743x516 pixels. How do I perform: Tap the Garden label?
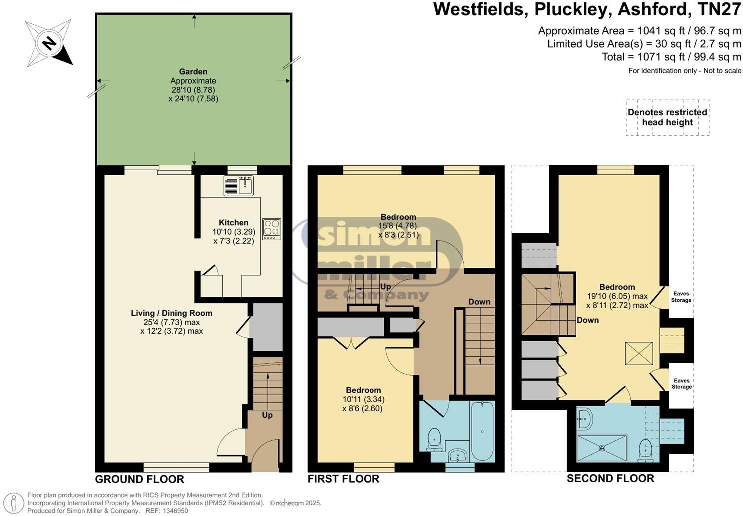point(193,72)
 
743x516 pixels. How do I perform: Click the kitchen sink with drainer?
point(239,185)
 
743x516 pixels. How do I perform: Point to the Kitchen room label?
point(233,223)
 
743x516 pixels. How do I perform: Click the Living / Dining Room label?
point(171,313)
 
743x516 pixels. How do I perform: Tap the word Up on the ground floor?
point(267,415)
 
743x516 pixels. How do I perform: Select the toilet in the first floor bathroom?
point(435,438)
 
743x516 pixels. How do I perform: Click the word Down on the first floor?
point(479,302)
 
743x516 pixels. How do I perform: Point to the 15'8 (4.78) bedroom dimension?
point(398,226)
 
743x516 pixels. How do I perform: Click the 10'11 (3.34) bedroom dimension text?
point(363,399)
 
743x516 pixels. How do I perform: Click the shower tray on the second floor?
point(601,448)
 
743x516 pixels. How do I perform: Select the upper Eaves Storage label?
point(681,297)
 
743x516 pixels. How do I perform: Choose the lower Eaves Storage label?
point(681,384)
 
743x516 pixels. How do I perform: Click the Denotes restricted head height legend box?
point(667,118)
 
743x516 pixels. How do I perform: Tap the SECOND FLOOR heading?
point(610,479)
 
